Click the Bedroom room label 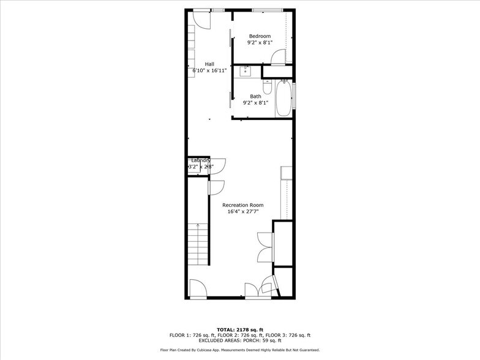(260, 36)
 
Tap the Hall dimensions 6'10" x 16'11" (209, 70)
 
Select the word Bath (255, 96)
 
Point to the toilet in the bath (270, 88)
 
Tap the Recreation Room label (242, 204)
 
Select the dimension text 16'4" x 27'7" (242, 211)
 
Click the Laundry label (201, 160)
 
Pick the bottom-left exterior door (197, 288)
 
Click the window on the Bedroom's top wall (268, 10)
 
